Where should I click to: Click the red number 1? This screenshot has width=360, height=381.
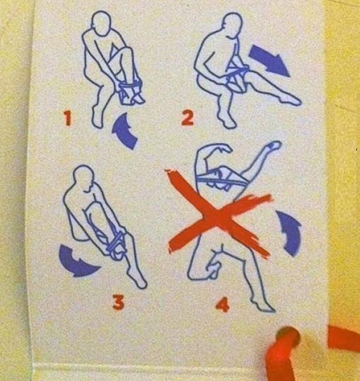(68, 118)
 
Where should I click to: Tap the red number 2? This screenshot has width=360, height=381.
(188, 117)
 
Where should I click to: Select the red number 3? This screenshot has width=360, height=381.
(119, 302)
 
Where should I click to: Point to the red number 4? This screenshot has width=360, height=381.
(222, 305)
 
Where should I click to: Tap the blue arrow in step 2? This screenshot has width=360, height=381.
(269, 60)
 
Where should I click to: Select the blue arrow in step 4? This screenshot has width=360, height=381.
(290, 232)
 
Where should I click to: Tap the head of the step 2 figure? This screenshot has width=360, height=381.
(233, 25)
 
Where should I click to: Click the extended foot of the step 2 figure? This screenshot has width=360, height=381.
(291, 100)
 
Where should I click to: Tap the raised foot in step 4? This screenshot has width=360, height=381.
(274, 145)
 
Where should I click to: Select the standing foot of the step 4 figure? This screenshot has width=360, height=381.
(263, 305)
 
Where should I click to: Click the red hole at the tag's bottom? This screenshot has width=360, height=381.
(288, 337)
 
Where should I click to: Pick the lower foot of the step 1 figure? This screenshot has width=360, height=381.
(97, 118)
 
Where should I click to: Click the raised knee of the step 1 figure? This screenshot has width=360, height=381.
(127, 50)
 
